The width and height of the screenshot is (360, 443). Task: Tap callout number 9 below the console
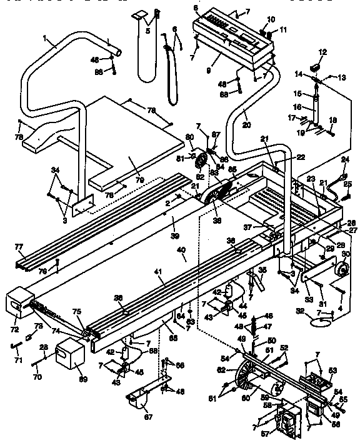[x=198, y=62]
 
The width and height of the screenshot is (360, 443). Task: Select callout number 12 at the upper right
[x=323, y=52]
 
